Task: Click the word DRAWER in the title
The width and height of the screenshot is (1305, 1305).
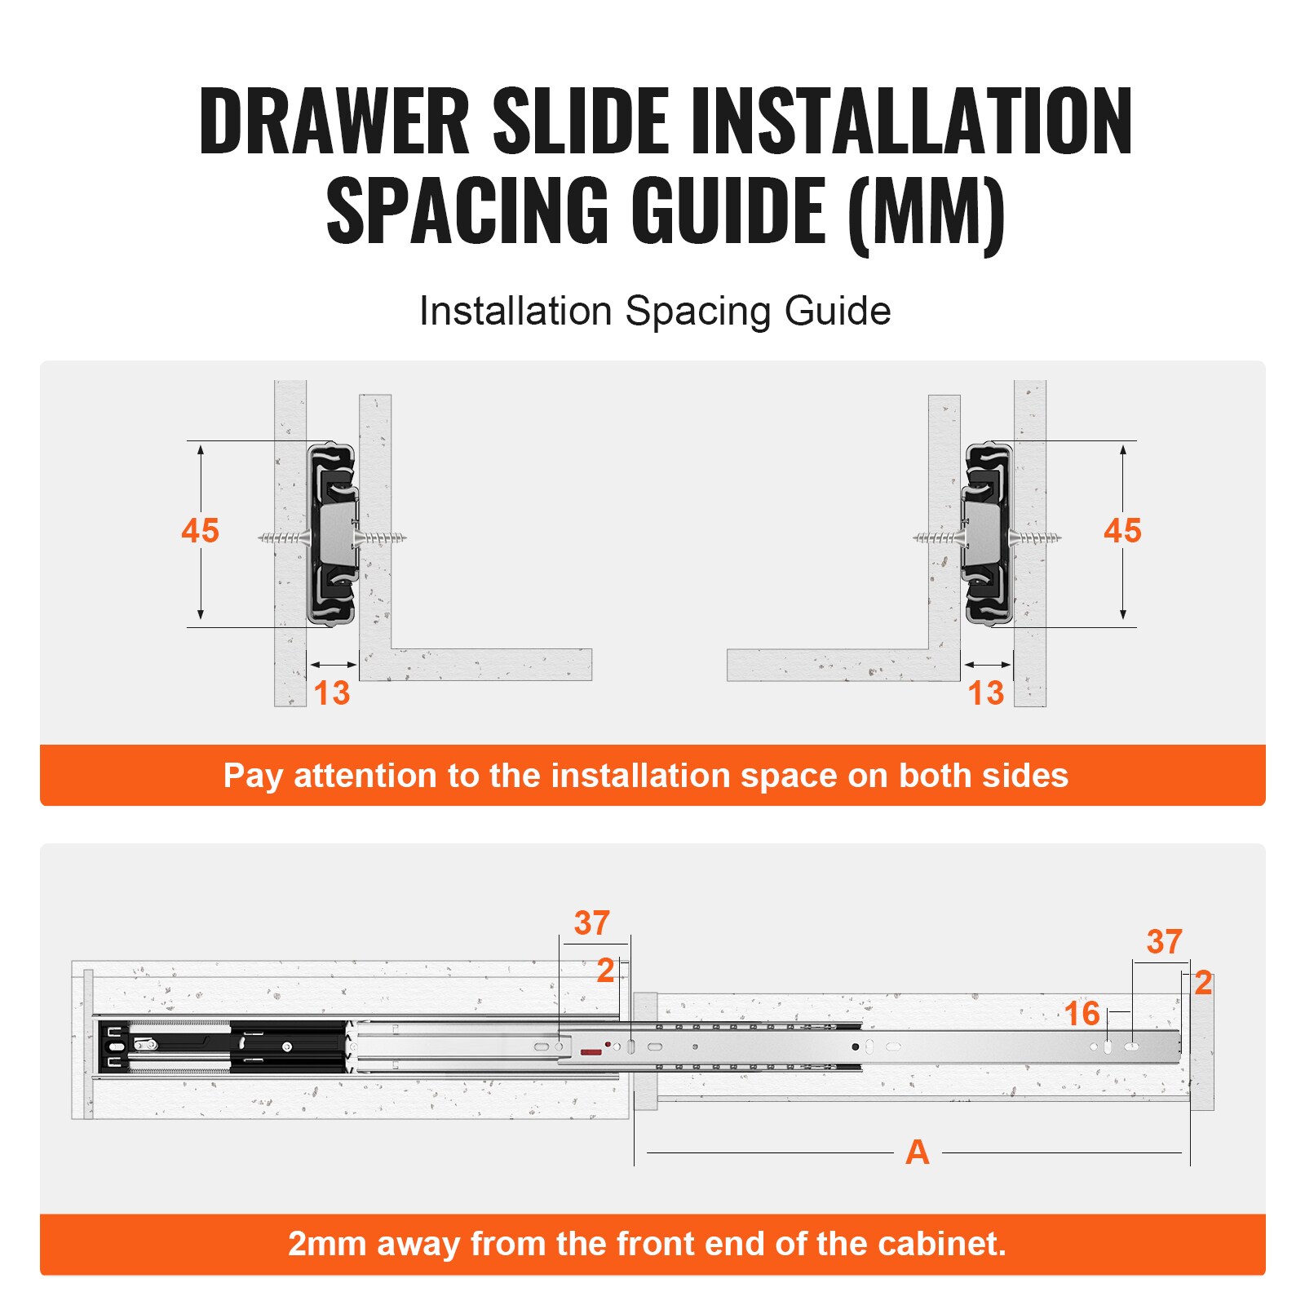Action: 334,122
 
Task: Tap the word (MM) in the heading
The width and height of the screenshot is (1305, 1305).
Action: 927,212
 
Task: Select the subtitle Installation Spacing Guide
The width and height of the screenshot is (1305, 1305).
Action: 654,312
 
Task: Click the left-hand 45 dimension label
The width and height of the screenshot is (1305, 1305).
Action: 200,531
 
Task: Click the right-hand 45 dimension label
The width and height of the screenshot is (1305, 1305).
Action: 1122,531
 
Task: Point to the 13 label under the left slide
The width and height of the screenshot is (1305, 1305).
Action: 332,693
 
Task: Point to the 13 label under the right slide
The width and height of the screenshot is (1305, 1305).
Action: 985,693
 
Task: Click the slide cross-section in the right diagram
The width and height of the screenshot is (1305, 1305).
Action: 988,534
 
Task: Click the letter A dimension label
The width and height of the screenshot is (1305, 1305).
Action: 917,1152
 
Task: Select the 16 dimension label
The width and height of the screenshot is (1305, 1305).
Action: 1082,1014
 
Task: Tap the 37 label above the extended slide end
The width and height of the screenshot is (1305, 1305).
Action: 1164,942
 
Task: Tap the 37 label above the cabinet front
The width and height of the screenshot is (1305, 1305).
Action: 591,923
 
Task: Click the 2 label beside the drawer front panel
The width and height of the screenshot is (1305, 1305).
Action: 1202,983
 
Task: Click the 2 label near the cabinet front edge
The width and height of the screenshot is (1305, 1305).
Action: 605,971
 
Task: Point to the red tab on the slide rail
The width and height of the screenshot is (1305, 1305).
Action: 591,1053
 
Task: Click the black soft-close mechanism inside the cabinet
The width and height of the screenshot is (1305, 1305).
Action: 220,1046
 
